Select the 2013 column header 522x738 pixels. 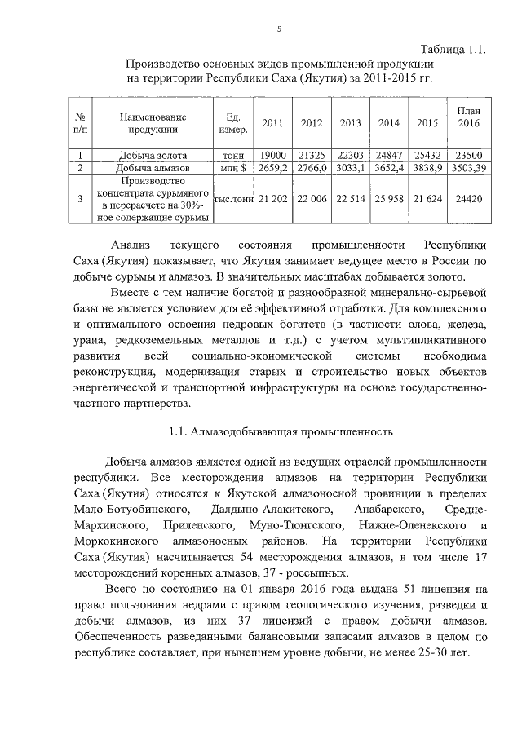[351, 123]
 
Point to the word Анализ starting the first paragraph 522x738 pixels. [133, 245]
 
